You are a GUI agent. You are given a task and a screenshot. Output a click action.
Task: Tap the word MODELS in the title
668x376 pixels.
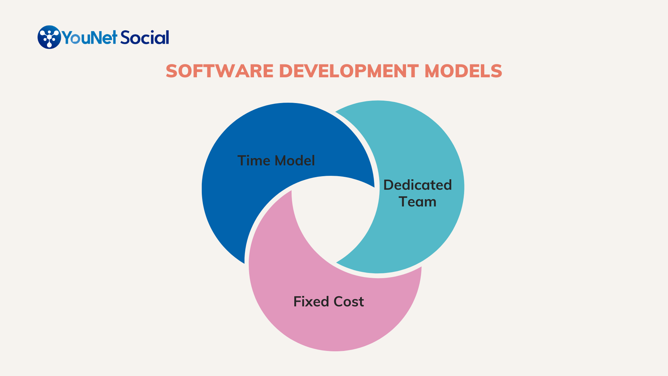tap(463, 71)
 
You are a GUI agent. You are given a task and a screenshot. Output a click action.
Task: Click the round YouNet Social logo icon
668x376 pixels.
tap(49, 37)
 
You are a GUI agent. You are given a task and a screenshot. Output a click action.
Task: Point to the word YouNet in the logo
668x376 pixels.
tap(89, 38)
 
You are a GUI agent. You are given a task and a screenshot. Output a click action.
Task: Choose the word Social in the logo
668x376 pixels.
tap(145, 37)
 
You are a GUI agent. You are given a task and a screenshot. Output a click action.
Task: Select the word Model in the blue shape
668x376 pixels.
tap(295, 160)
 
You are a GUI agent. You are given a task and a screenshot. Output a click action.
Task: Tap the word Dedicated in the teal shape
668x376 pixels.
tap(417, 185)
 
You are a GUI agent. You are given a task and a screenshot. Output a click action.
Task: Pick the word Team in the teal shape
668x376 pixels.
tap(417, 202)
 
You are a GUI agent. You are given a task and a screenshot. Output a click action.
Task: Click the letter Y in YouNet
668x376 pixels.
tap(66, 38)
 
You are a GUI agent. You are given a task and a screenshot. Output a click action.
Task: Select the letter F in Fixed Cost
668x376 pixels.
tap(297, 301)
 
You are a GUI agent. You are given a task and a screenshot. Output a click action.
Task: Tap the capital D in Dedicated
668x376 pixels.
tap(388, 185)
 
